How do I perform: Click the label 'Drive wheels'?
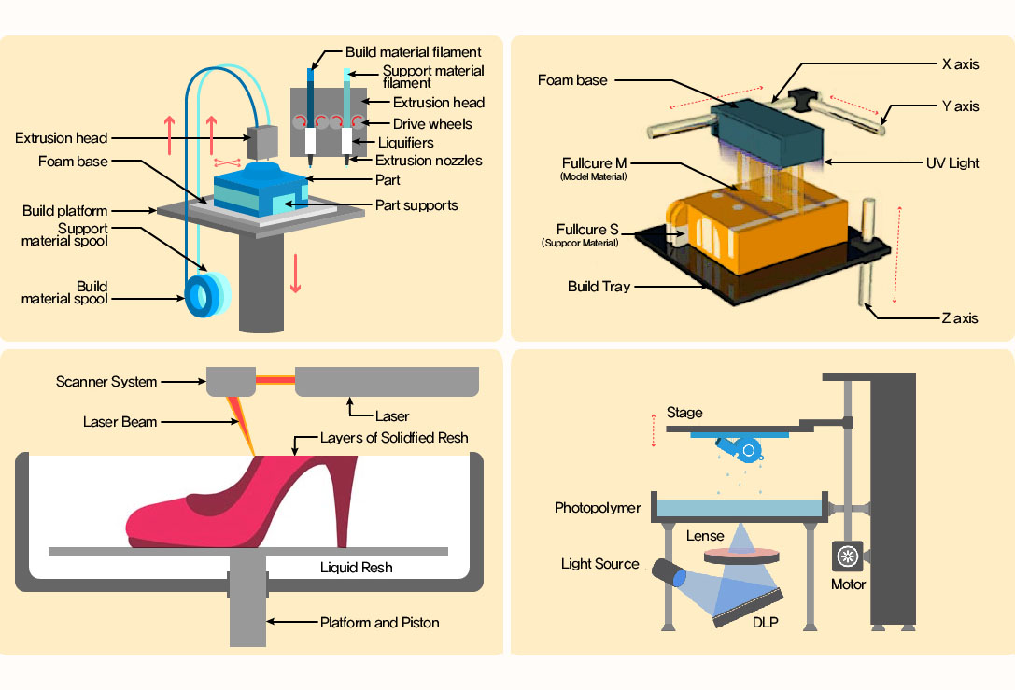[x=432, y=123]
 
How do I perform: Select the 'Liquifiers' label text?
[x=404, y=142]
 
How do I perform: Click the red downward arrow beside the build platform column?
[x=295, y=272]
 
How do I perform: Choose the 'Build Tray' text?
[x=599, y=287]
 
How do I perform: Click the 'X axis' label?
[x=960, y=64]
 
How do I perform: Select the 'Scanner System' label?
[x=106, y=382]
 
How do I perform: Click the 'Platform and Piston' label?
[x=379, y=622]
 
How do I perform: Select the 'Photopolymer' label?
[x=598, y=509]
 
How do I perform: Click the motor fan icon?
[x=848, y=557]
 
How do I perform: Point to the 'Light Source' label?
[x=599, y=564]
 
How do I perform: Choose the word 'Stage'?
[x=684, y=413]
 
